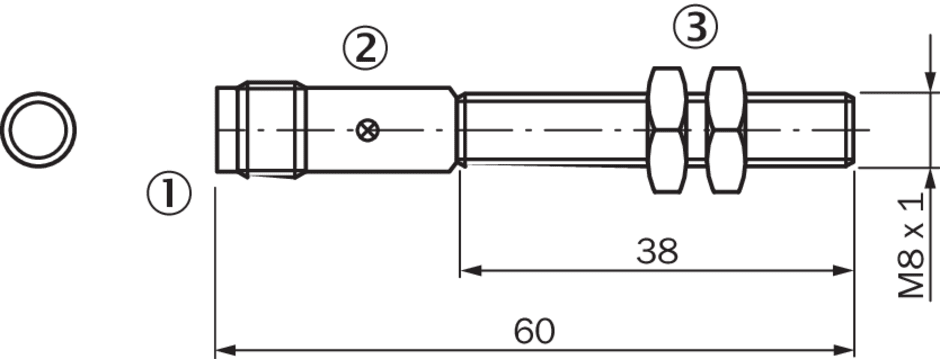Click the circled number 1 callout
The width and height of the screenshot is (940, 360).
point(169,194)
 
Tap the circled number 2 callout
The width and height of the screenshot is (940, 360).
point(366,49)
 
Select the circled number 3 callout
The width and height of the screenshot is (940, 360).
point(695,29)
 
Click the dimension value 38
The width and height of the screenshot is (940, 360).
point(657,252)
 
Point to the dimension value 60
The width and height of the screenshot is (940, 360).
point(535,331)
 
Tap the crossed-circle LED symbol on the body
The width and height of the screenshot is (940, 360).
point(366,130)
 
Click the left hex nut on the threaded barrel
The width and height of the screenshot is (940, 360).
point(666,130)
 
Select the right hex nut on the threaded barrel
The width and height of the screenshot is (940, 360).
point(725,130)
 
